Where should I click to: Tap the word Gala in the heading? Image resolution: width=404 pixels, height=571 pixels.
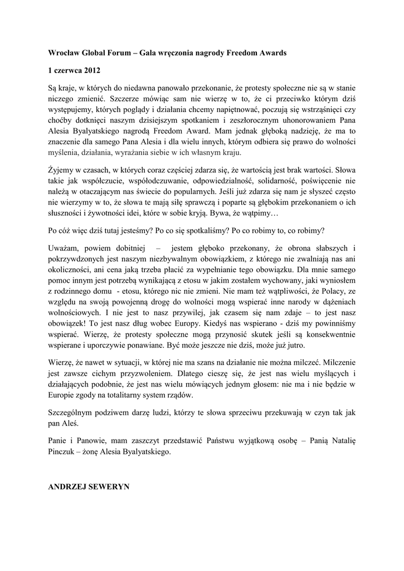point(147,53)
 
